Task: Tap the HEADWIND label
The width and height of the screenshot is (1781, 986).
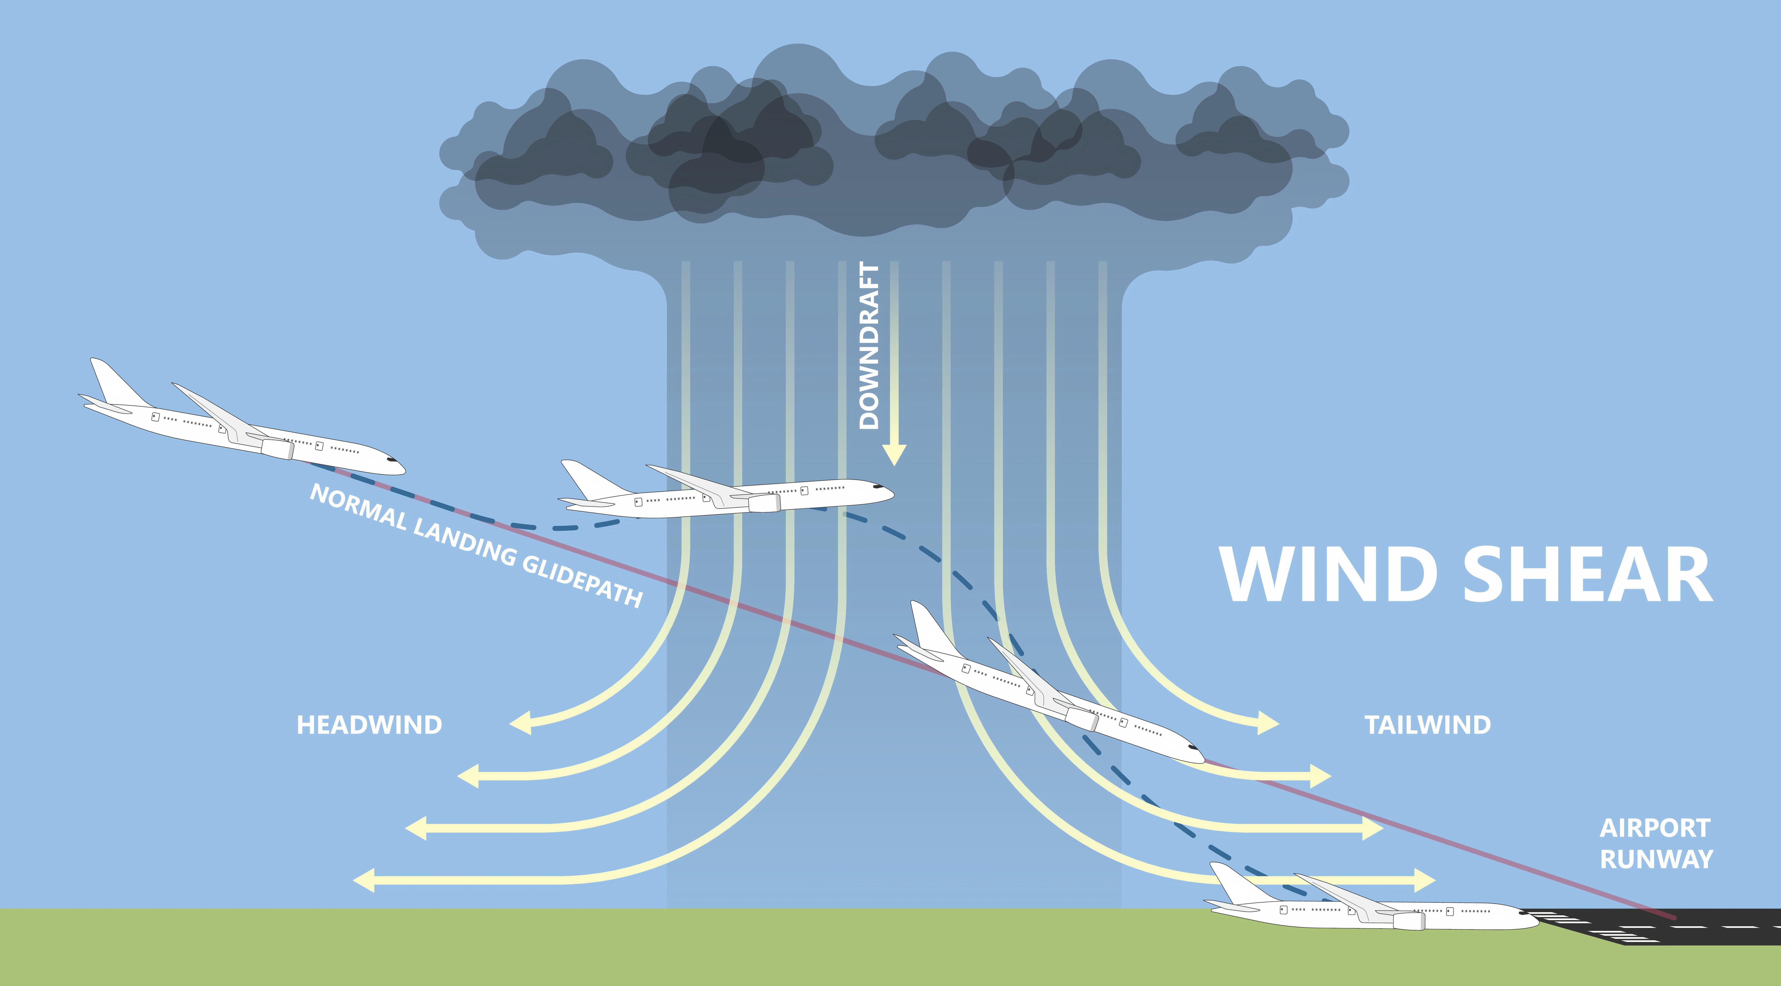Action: (369, 725)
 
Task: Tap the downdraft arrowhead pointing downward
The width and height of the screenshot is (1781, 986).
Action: (894, 455)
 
